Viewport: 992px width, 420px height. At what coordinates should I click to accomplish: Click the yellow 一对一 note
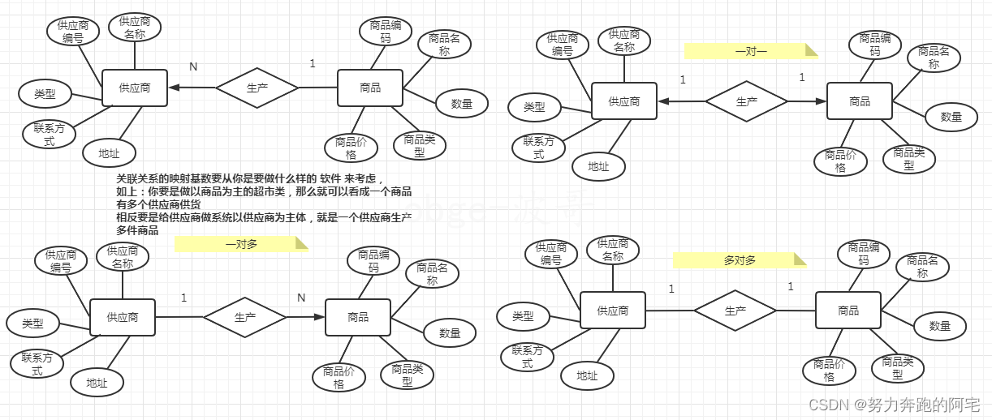(x=750, y=52)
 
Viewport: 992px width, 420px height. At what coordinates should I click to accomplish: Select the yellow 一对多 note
(x=241, y=244)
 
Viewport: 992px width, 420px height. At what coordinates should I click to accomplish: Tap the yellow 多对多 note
(x=740, y=260)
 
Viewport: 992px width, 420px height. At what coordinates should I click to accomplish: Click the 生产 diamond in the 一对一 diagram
(x=746, y=101)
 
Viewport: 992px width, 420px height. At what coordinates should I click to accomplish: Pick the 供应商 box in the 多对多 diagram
(x=612, y=311)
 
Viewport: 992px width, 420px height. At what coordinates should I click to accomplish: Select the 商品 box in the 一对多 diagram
(x=358, y=317)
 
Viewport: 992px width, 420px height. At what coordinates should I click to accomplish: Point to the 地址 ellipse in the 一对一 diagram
(x=598, y=166)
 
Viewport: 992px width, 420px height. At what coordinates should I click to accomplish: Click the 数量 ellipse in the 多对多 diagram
(x=939, y=326)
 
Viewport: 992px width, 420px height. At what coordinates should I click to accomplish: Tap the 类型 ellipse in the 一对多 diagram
(x=33, y=324)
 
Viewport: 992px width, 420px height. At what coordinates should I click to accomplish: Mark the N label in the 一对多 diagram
(x=301, y=298)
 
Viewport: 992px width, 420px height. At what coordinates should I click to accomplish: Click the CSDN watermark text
(x=895, y=403)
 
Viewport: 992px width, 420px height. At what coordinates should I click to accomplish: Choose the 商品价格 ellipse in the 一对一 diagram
(x=840, y=161)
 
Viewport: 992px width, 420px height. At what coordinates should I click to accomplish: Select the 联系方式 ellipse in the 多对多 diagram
(x=527, y=357)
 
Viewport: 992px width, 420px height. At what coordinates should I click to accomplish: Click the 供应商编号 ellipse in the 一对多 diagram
(x=61, y=261)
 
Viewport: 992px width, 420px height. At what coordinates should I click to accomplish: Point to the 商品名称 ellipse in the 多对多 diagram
(x=922, y=267)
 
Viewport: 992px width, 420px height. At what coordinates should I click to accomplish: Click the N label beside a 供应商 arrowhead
(x=193, y=66)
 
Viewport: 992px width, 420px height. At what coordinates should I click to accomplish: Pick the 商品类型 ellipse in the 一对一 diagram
(x=908, y=158)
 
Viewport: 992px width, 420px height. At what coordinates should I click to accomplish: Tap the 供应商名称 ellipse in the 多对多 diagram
(x=613, y=250)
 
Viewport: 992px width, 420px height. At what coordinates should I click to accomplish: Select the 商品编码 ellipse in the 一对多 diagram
(x=373, y=261)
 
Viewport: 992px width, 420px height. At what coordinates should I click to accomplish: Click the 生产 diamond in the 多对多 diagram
(x=735, y=311)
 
